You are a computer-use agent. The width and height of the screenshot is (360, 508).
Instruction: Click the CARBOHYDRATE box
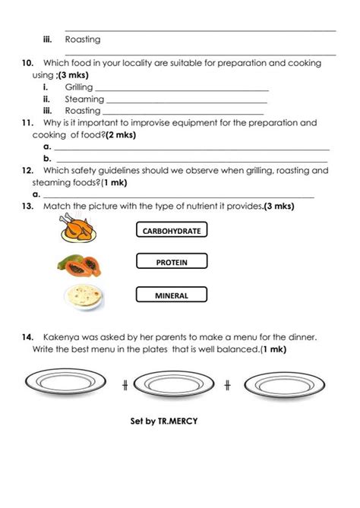pyautogui.click(x=171, y=230)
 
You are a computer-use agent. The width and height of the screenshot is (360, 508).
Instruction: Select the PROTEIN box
pyautogui.click(x=171, y=263)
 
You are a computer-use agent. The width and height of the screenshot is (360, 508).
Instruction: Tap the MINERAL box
pyautogui.click(x=171, y=295)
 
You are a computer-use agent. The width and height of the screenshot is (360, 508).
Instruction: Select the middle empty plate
pyautogui.click(x=175, y=384)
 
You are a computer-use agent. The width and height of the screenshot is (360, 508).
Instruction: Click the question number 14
pyautogui.click(x=27, y=336)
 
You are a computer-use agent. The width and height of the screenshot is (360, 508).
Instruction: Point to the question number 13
pyautogui.click(x=27, y=206)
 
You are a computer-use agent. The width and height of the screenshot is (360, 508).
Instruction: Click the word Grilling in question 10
pyautogui.click(x=78, y=88)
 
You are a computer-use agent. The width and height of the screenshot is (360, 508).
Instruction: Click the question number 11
pyautogui.click(x=27, y=121)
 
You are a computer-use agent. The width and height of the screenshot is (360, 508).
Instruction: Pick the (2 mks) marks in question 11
pyautogui.click(x=121, y=134)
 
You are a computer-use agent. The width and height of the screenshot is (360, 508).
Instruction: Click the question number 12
pyautogui.click(x=27, y=171)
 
